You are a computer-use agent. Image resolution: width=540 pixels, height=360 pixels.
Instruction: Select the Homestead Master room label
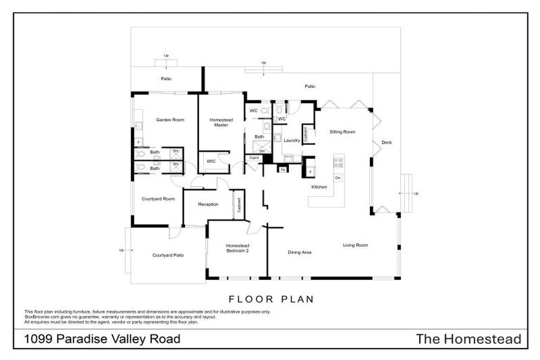[221, 122]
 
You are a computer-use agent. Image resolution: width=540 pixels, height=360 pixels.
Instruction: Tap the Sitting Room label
[342, 131]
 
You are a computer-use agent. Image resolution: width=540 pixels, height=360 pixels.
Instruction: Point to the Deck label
[386, 143]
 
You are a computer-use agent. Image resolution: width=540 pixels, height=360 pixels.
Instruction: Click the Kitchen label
[319, 187]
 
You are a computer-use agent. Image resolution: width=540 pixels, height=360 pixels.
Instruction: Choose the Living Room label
[355, 245]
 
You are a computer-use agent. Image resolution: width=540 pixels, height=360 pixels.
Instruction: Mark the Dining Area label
[300, 252]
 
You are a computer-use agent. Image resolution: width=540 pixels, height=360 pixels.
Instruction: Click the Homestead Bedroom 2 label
[237, 247]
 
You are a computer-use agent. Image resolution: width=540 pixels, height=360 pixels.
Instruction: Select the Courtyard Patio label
[168, 255]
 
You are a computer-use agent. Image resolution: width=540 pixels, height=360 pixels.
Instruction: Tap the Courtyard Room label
[158, 199]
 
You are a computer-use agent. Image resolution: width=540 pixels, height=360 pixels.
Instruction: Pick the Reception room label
[207, 205]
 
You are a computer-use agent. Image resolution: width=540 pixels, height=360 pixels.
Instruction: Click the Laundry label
[291, 141]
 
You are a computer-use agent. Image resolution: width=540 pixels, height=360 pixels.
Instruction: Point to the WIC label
[210, 162]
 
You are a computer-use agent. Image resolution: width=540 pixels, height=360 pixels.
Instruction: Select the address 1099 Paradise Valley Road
[103, 340]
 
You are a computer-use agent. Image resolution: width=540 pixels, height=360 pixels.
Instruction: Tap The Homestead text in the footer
[468, 340]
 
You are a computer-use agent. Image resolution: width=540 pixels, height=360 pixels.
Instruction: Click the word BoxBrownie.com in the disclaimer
[41, 317]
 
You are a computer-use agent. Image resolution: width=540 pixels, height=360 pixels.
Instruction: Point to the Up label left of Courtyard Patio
[122, 250]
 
